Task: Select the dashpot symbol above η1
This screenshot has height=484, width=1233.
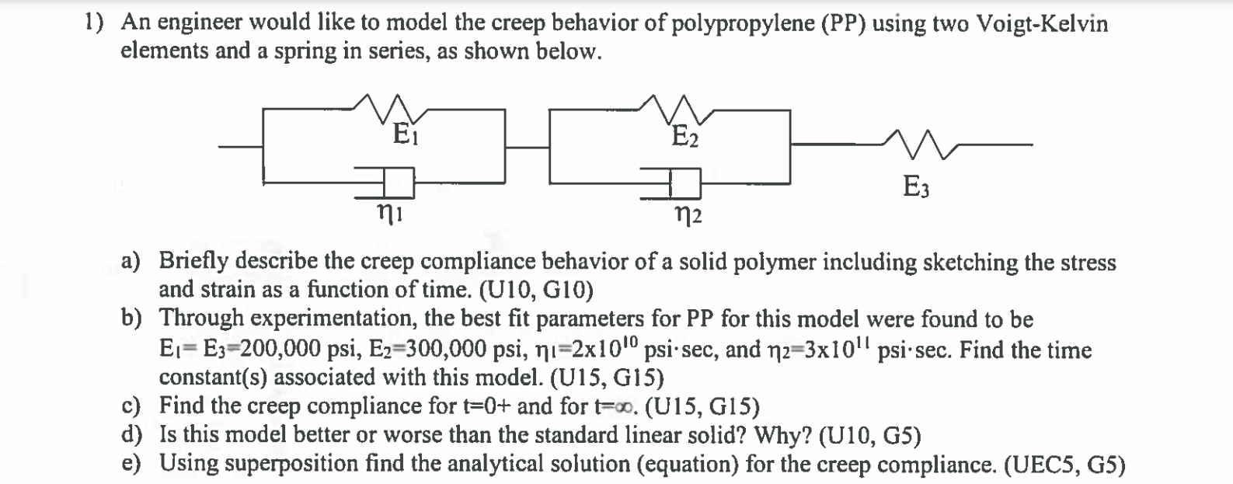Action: point(386,183)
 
